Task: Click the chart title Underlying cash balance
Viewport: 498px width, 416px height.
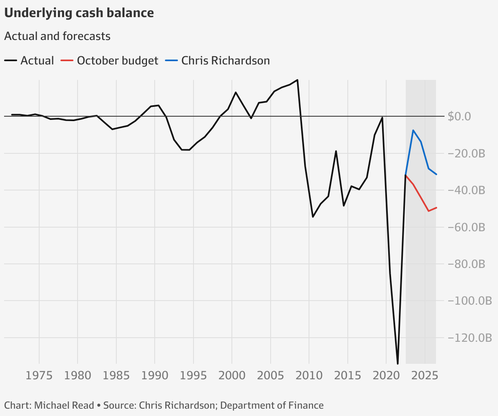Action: [x=79, y=13]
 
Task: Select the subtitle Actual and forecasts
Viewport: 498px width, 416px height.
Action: [x=57, y=36]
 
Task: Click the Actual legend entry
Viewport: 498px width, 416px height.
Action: [x=29, y=61]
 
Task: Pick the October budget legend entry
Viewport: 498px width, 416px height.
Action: [x=109, y=61]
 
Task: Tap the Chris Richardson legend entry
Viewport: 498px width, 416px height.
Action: [x=218, y=61]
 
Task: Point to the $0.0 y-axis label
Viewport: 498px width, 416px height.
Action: [x=459, y=117]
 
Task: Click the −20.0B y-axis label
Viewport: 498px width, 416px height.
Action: [x=466, y=154]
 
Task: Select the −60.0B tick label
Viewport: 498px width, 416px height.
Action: [x=466, y=227]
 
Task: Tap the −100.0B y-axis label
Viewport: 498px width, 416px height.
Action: [x=469, y=301]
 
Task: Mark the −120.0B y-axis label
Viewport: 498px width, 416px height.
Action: [x=469, y=338]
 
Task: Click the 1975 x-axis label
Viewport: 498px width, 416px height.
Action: [x=39, y=375]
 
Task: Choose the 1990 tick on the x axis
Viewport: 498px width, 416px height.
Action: [x=155, y=375]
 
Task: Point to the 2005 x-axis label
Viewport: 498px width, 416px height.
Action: [x=270, y=375]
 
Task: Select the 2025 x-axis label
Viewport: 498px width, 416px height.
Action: [x=425, y=375]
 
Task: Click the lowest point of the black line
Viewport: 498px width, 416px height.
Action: [x=398, y=363]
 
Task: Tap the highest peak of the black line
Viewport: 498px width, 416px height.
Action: [x=297, y=80]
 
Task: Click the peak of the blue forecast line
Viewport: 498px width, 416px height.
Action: [x=413, y=131]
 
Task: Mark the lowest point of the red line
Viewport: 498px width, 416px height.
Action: [x=429, y=211]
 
